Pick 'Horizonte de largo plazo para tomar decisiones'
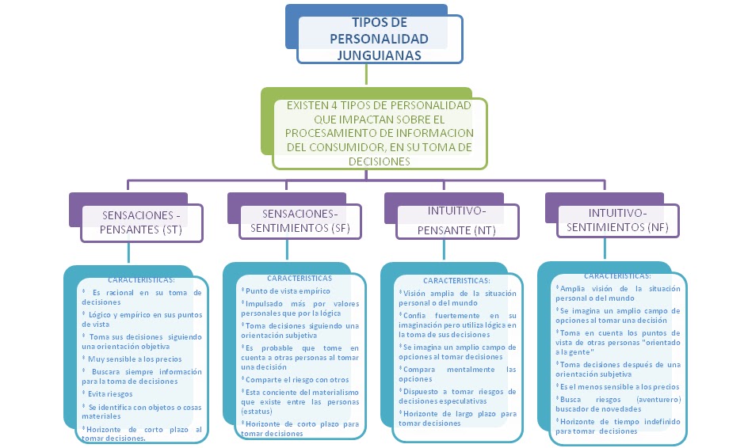(458, 418)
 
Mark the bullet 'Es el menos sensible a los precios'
(618, 386)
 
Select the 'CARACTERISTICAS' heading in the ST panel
(141, 279)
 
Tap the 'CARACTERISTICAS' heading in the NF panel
(617, 276)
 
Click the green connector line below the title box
(365, 74)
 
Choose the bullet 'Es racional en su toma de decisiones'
(141, 297)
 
